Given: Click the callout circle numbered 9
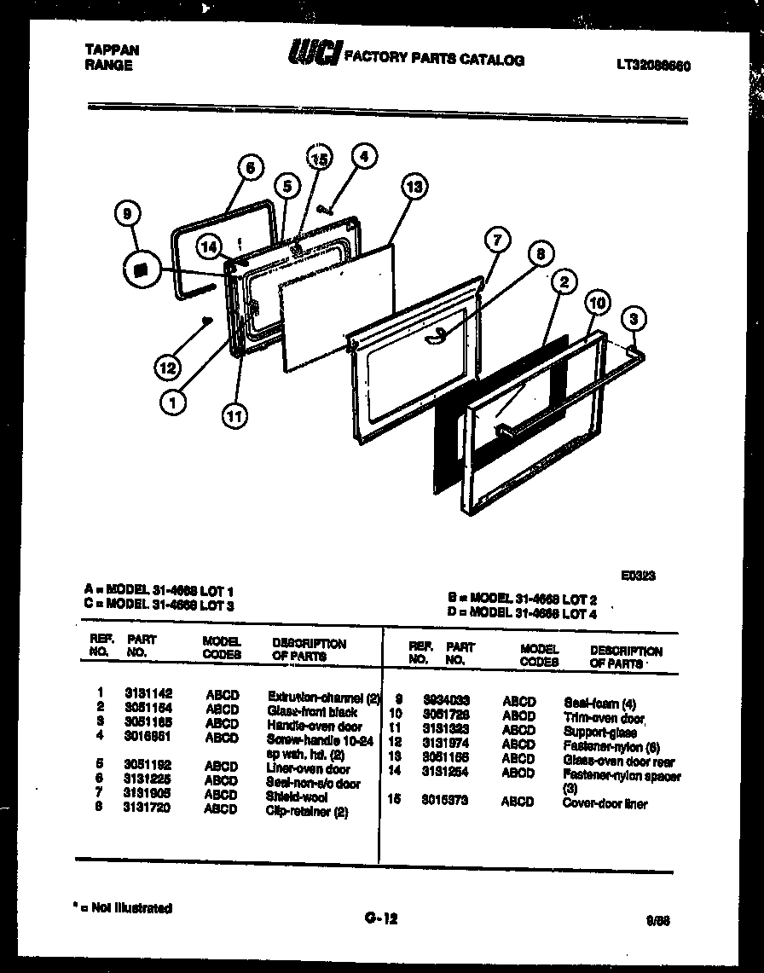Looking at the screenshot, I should coord(128,217).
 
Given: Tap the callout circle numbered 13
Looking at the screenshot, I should coord(414,188).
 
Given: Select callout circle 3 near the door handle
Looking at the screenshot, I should coord(632,321).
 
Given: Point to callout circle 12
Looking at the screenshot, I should coord(168,368).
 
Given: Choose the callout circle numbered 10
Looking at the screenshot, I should coord(598,304).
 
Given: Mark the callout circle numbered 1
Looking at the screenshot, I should coord(173,405).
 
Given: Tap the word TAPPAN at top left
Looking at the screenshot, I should coord(112,50).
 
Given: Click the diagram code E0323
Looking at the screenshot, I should coord(639,576).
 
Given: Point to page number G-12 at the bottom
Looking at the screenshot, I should coord(380,918).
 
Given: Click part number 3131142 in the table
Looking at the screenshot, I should coord(148,695).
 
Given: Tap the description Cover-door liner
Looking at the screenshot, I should coord(605,803).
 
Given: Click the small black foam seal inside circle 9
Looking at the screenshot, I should coord(142,269).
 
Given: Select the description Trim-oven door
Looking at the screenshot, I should coord(604,719).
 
